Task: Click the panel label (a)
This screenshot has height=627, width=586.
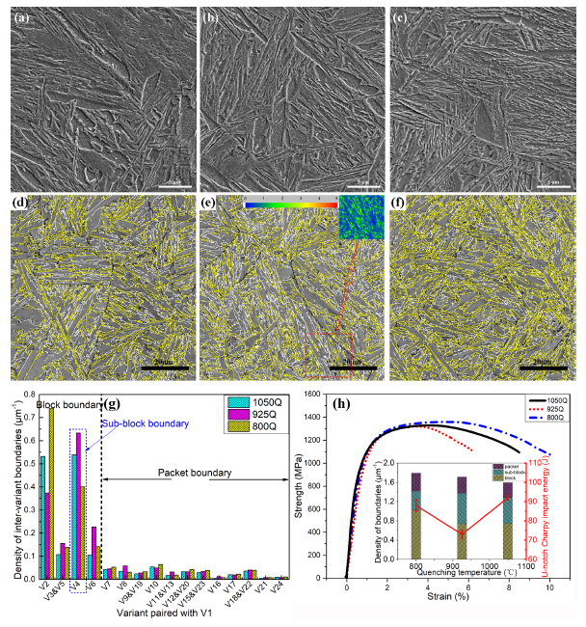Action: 20,16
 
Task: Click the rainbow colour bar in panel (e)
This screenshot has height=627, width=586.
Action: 290,204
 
